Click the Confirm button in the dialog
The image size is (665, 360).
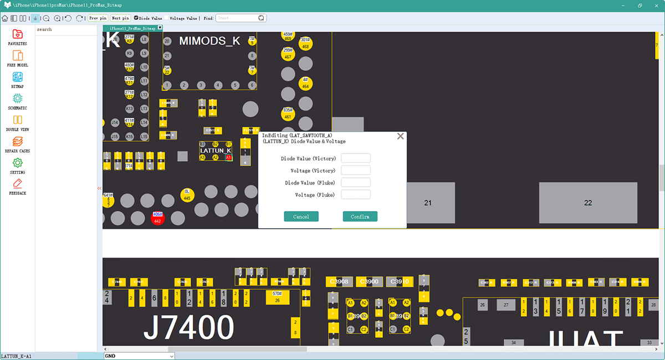tap(360, 217)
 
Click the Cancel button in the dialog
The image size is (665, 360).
tap(301, 217)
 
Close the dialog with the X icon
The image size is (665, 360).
tap(400, 136)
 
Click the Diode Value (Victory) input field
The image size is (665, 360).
tap(355, 158)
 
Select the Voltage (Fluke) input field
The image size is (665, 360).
tap(355, 194)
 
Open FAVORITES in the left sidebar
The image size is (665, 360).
tap(17, 37)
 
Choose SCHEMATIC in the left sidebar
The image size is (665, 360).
tap(17, 101)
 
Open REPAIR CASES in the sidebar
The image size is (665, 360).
tap(17, 144)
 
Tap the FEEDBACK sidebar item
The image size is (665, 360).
tap(17, 186)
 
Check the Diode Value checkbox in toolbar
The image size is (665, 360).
tap(137, 18)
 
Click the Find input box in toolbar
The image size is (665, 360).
tap(237, 18)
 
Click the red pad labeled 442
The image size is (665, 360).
tap(157, 218)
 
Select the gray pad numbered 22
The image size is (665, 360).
tap(588, 203)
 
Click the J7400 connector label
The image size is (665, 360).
tap(188, 327)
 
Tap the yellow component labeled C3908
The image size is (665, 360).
tap(339, 282)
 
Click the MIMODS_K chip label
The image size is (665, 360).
tap(209, 41)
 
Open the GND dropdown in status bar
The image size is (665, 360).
tap(139, 356)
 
